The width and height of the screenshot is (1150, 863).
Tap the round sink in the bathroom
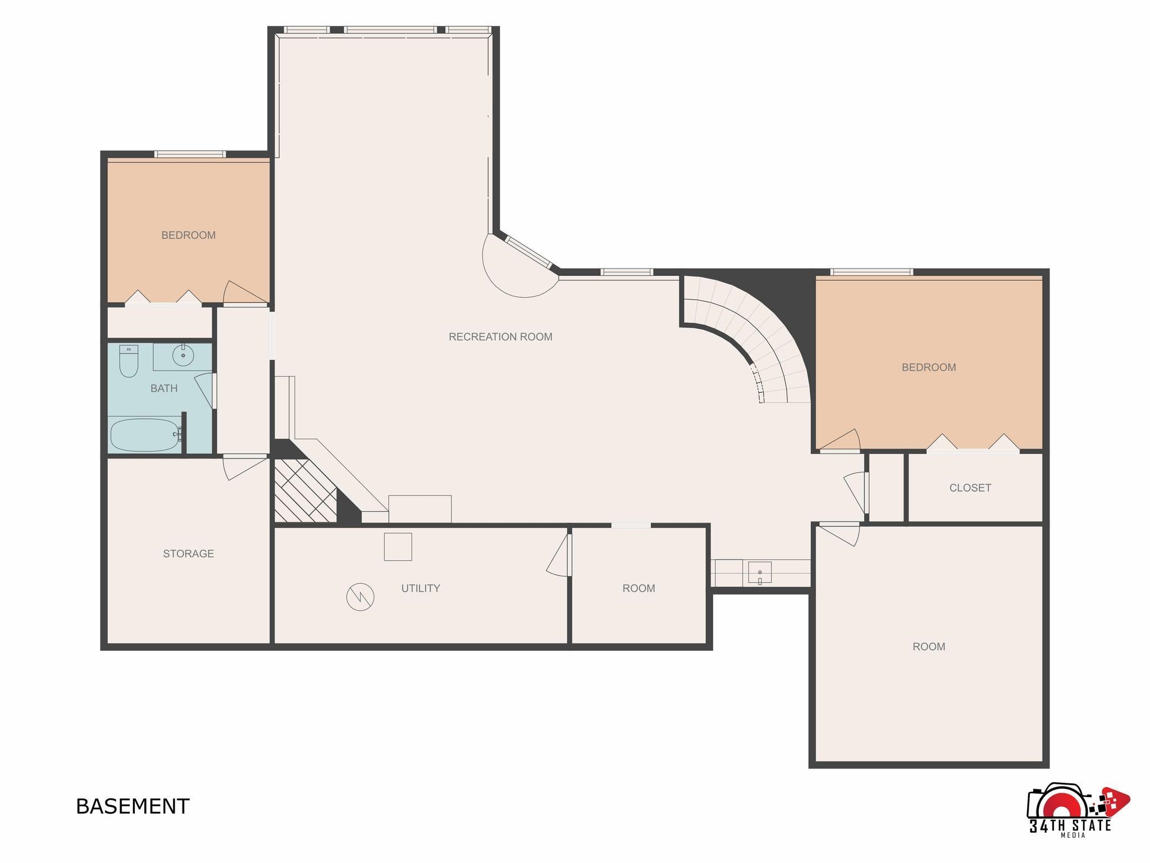click(183, 355)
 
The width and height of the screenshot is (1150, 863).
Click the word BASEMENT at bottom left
click(133, 806)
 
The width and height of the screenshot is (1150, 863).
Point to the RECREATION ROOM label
click(500, 337)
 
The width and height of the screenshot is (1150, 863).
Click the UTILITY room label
click(421, 588)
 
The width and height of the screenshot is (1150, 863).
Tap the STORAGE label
click(188, 553)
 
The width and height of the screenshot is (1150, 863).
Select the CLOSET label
click(970, 488)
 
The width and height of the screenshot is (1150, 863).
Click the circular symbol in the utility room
click(360, 597)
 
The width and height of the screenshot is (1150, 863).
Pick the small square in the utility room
click(398, 547)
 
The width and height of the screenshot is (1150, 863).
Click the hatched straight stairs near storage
click(304, 490)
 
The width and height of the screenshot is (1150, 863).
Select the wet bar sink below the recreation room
click(760, 573)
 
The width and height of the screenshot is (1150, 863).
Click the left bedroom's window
click(190, 154)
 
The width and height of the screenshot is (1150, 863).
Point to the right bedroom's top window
click(871, 272)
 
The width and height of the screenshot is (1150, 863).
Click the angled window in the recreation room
click(529, 252)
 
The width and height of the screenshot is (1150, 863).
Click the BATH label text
click(164, 388)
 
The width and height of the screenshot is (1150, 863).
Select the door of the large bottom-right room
click(839, 533)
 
